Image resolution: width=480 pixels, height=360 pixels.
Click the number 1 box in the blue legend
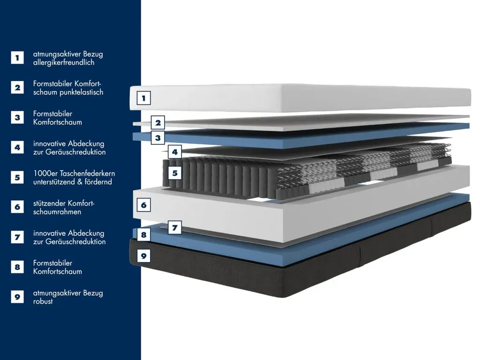[x=17, y=58]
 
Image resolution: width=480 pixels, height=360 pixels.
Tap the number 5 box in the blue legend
[x=17, y=177]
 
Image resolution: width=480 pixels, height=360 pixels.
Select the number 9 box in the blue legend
[x=17, y=297]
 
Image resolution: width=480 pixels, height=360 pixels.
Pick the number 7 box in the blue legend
[x=17, y=237]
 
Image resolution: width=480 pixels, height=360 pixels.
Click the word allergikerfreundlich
[x=64, y=62]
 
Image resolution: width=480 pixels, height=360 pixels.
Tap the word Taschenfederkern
[x=88, y=173]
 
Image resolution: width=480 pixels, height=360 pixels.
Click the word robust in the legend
[x=43, y=301]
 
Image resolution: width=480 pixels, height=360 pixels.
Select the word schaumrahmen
[x=57, y=212]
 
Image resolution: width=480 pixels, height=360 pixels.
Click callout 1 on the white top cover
[x=143, y=98]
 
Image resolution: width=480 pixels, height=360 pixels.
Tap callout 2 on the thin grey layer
[x=158, y=123]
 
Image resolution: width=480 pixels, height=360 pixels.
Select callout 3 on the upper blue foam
[x=158, y=138]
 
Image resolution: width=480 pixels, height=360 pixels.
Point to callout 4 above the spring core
[x=175, y=152]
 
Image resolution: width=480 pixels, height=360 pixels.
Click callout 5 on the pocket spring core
[x=175, y=173]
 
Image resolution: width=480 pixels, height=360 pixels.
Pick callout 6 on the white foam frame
[x=143, y=205]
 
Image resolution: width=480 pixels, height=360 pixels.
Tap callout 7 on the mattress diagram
[x=175, y=227]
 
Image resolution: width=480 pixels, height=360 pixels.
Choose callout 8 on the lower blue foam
[x=143, y=235]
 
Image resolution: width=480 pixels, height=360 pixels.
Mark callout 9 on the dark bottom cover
[x=143, y=255]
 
